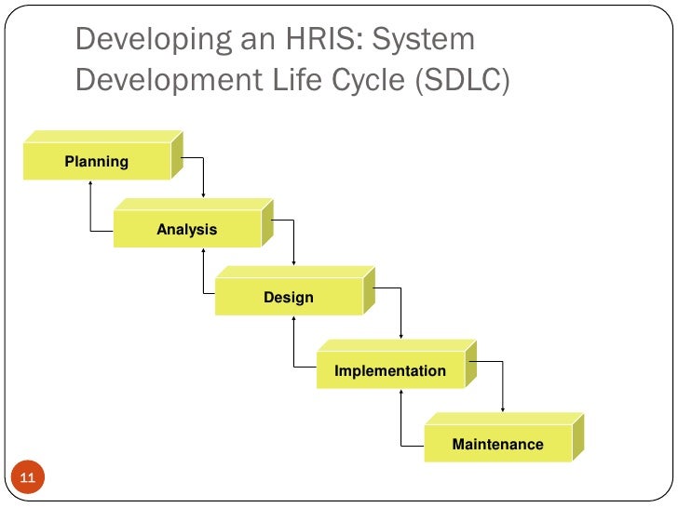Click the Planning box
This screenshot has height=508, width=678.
click(x=97, y=162)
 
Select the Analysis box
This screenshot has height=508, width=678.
click(x=187, y=230)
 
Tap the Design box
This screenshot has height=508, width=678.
click(x=289, y=298)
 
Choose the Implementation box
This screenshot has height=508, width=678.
click(x=390, y=371)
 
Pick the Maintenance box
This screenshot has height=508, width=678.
click(x=497, y=444)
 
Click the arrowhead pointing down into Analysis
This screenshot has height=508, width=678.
click(x=203, y=194)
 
